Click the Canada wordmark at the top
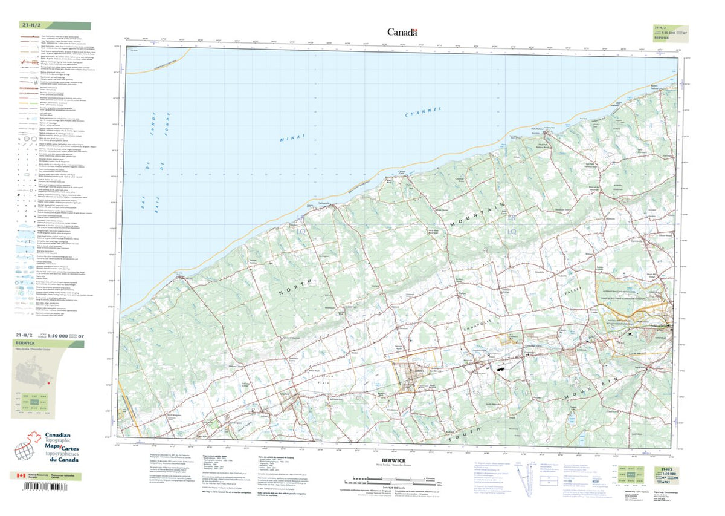(402, 33)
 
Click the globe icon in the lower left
(24, 451)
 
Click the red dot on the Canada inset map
(47, 383)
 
